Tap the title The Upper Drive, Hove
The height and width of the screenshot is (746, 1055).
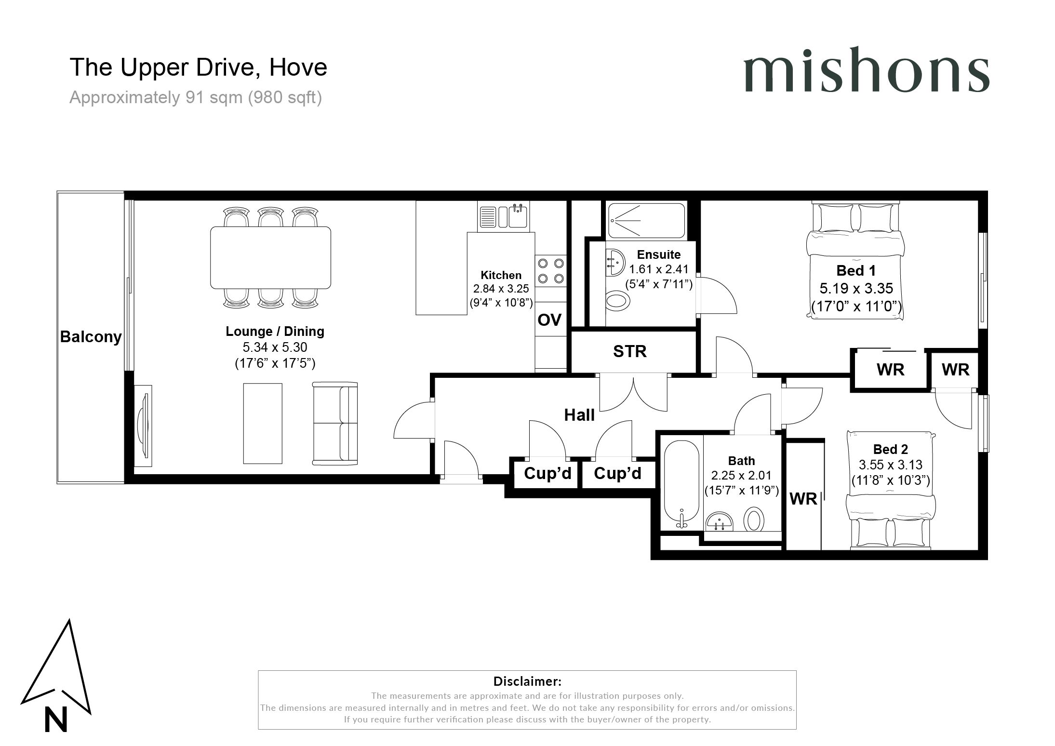[x=199, y=67]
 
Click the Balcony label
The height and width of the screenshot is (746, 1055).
[x=91, y=336]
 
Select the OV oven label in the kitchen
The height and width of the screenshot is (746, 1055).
[x=549, y=320]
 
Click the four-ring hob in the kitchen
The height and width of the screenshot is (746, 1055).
[x=551, y=271]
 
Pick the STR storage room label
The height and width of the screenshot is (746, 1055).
[x=629, y=351]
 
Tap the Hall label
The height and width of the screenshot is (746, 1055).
[x=579, y=415]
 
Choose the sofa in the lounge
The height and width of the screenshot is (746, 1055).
[x=335, y=424]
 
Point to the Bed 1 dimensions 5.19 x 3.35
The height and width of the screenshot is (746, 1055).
[x=856, y=288]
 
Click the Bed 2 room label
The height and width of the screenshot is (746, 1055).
[x=891, y=449]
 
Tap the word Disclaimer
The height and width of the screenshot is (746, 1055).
[x=527, y=681]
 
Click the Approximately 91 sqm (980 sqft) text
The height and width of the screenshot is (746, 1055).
[x=196, y=98]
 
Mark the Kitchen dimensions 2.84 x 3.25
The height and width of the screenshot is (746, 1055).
[x=501, y=289]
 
